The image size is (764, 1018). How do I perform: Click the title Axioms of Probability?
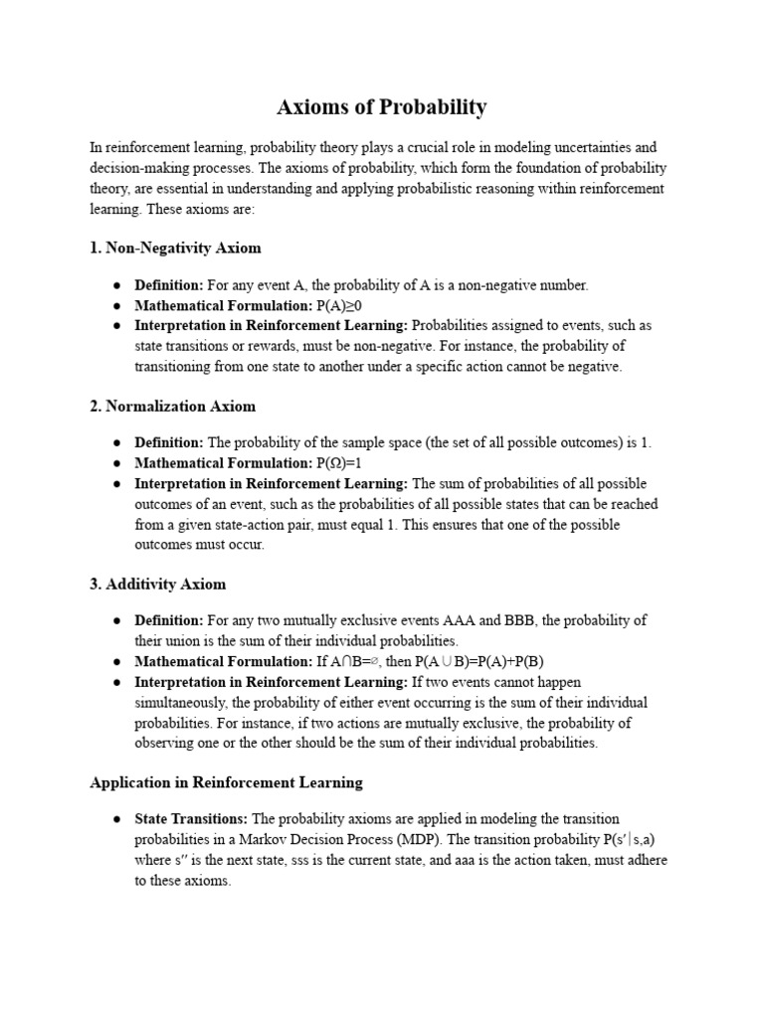(382, 106)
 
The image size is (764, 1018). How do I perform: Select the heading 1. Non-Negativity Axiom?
(175, 248)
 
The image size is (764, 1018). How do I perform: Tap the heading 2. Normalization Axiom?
(172, 406)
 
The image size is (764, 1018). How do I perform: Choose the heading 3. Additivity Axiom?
(157, 584)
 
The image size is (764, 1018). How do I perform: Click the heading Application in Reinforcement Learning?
(226, 782)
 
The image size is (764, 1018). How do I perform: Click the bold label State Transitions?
(192, 818)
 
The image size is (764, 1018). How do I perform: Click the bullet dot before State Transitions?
(116, 819)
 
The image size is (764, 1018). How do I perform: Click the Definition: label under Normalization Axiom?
(168, 442)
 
